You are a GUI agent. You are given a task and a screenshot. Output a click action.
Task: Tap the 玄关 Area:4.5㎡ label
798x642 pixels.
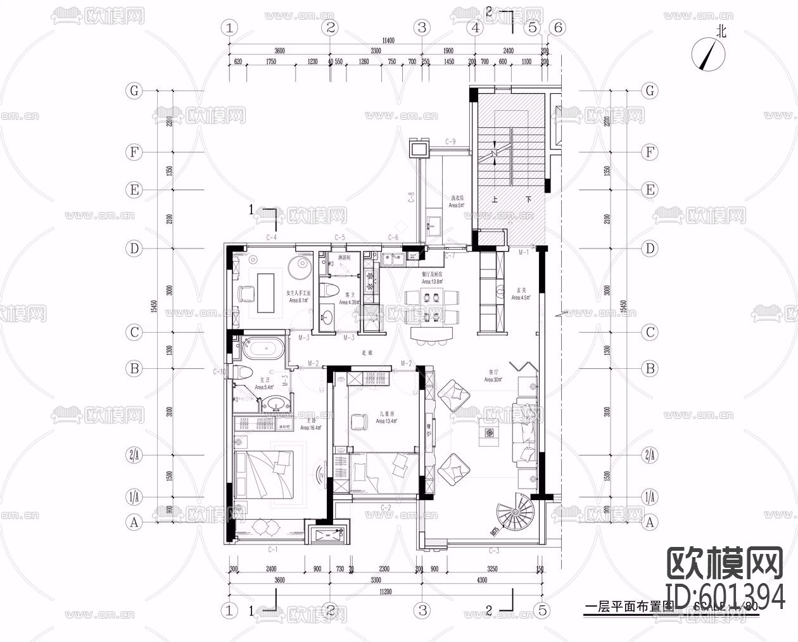(521, 293)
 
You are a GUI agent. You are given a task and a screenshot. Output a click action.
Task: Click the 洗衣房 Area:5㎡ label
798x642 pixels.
(457, 202)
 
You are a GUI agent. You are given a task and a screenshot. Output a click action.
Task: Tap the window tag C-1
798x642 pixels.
(273, 549)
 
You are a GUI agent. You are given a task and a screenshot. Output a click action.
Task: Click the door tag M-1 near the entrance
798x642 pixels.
(524, 253)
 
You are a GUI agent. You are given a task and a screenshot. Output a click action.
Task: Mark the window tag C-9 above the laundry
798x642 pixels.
(450, 141)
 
